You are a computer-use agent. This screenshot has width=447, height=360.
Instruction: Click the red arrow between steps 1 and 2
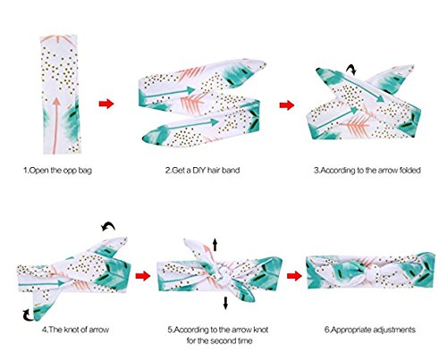106,104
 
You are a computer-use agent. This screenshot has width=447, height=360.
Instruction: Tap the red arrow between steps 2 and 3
287,105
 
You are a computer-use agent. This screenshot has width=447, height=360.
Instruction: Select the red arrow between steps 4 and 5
143,276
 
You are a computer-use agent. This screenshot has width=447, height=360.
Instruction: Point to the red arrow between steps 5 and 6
294,276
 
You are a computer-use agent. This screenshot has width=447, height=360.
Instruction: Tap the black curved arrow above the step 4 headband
109,225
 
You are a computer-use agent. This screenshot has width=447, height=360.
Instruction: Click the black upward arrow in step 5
215,246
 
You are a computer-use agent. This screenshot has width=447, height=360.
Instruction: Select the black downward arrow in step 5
225,303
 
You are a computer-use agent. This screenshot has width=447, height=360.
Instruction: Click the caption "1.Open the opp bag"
58,171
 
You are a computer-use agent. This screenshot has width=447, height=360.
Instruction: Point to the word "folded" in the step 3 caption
409,171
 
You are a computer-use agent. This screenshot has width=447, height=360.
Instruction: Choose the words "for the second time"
220,340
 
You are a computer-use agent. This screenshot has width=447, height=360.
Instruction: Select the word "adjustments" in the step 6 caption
394,330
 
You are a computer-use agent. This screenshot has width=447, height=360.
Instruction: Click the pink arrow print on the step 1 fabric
56,125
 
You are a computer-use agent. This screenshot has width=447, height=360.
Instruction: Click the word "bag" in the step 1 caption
85,171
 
